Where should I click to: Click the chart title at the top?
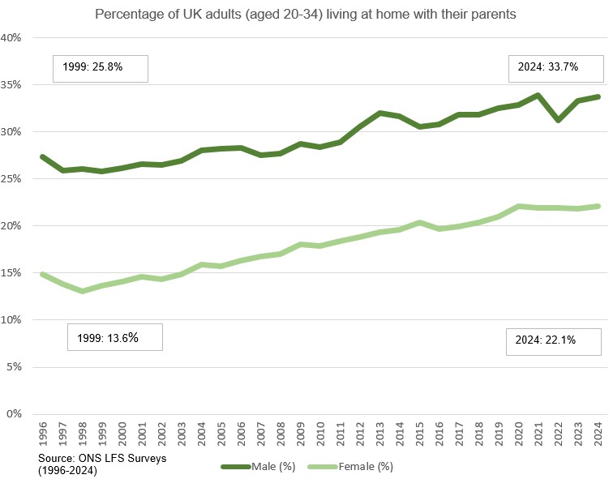[306, 15]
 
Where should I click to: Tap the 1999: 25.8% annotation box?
[100, 68]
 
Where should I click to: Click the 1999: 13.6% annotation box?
[114, 337]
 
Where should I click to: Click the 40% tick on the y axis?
[20, 38]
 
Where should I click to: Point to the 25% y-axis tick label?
[20, 179]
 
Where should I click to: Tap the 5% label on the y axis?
[23, 367]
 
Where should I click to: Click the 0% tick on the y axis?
[23, 414]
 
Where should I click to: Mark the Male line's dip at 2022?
[557, 120]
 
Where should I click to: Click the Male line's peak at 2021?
[538, 96]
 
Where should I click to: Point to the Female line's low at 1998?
[82, 291]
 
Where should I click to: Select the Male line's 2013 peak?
[379, 113]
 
